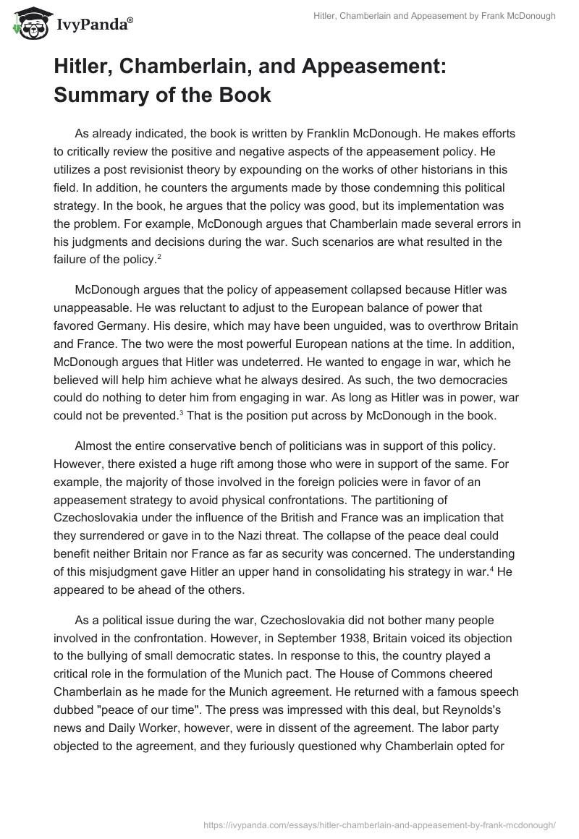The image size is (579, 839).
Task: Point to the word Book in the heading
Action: [245, 94]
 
